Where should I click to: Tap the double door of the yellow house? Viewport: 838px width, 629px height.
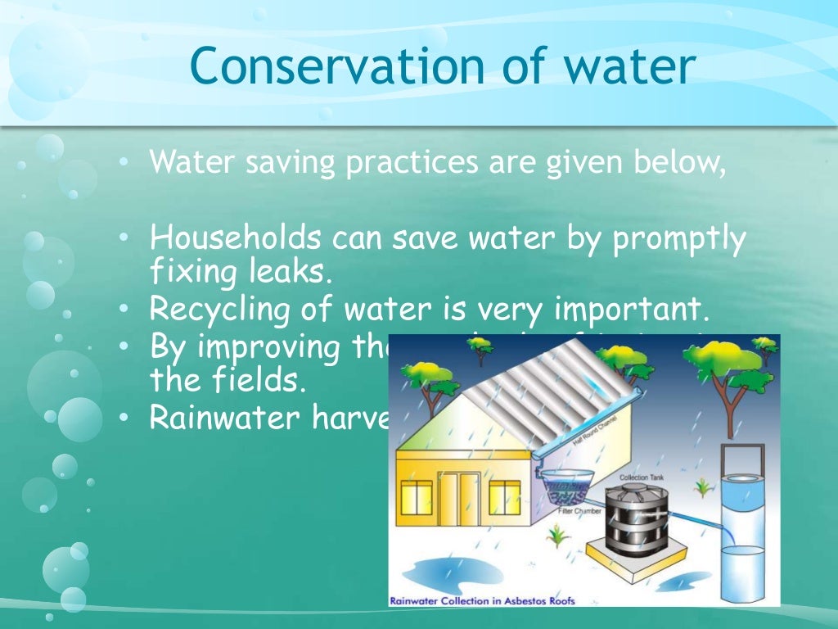(x=458, y=500)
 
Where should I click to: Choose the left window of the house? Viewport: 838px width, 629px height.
(x=417, y=498)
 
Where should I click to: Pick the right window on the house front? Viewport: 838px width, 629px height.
(x=502, y=498)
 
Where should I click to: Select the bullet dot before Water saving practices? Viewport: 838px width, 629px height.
(x=122, y=163)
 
